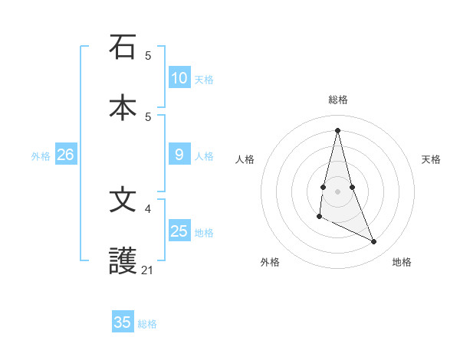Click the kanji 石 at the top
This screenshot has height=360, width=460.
pyautogui.click(x=123, y=47)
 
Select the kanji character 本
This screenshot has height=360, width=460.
pyautogui.click(x=123, y=108)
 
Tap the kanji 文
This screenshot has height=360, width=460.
pyautogui.click(x=123, y=200)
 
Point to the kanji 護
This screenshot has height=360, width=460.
pyautogui.click(x=123, y=260)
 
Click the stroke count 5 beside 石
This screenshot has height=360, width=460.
pyautogui.click(x=148, y=56)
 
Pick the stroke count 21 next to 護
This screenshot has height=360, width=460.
pyautogui.click(x=148, y=270)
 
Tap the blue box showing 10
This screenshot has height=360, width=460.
pyautogui.click(x=179, y=78)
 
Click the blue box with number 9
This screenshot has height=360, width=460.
pyautogui.click(x=179, y=155)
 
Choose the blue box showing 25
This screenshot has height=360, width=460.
pyautogui.click(x=179, y=231)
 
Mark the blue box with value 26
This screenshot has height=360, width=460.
pyautogui.click(x=66, y=155)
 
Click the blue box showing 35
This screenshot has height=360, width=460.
pyautogui.click(x=123, y=322)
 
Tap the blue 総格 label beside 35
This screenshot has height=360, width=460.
pyautogui.click(x=147, y=324)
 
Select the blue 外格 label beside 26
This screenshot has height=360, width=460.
pyautogui.click(x=41, y=156)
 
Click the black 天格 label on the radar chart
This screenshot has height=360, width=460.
pyautogui.click(x=432, y=159)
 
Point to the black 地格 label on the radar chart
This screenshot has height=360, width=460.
pyautogui.click(x=402, y=262)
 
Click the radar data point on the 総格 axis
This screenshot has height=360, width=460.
pyautogui.click(x=337, y=130)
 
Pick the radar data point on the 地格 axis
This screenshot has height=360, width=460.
pyautogui.click(x=374, y=242)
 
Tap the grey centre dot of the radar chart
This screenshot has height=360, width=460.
pyautogui.click(x=337, y=191)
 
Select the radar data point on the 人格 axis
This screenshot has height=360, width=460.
pyautogui.click(x=324, y=187)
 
